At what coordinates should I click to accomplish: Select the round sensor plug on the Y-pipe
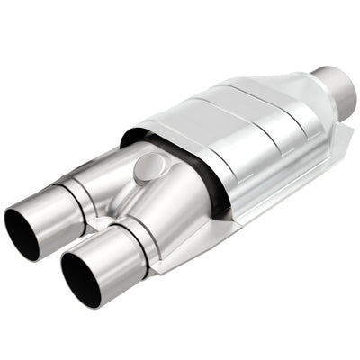coord(148,166)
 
